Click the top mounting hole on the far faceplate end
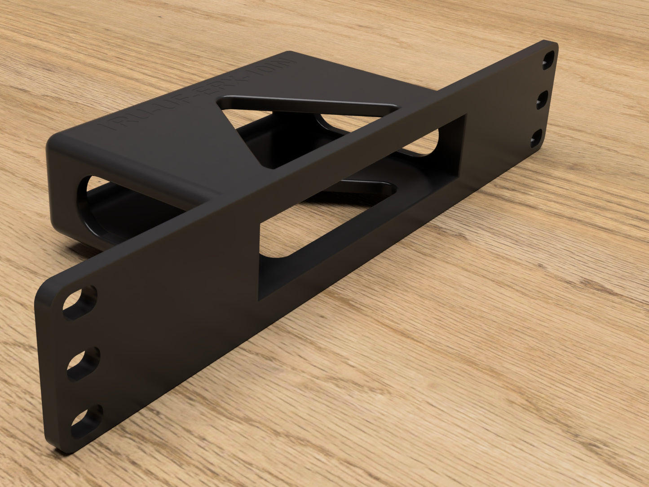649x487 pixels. (548, 60)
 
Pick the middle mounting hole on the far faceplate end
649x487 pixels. (543, 100)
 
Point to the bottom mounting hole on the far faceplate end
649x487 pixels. (536, 139)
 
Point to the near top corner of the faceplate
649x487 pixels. (43, 292)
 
